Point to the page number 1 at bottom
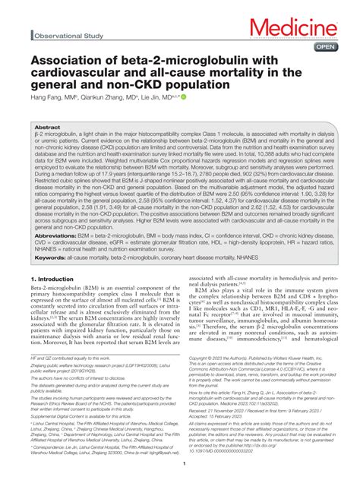click(x=180, y=472)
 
